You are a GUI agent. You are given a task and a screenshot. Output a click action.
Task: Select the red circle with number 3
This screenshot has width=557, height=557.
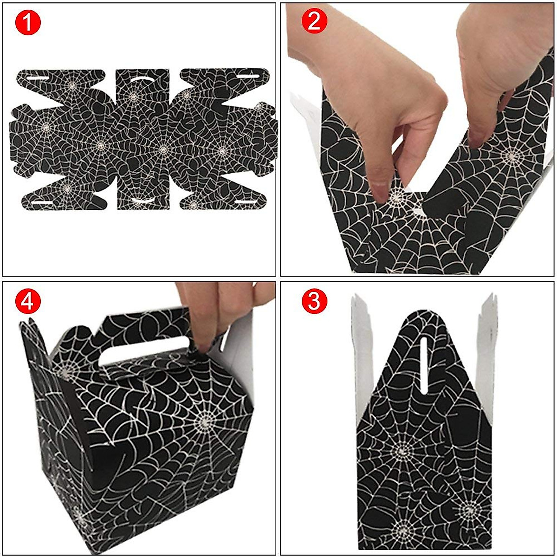[x=314, y=301]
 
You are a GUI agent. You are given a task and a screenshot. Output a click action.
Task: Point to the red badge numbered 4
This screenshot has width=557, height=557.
[x=28, y=301]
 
